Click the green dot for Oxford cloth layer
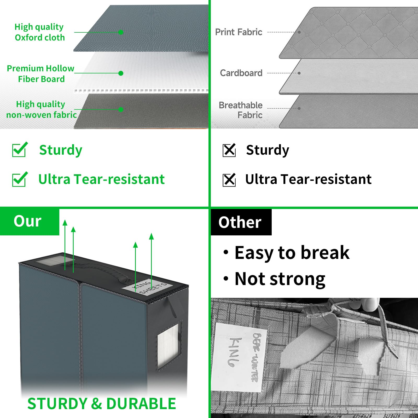click(x=121, y=32)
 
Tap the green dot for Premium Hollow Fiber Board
click(x=121, y=73)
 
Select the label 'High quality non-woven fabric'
click(x=41, y=109)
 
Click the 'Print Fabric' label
click(x=239, y=32)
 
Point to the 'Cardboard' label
click(x=241, y=73)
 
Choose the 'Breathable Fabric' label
click(x=241, y=110)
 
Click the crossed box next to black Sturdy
click(x=229, y=150)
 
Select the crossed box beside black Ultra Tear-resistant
click(x=229, y=180)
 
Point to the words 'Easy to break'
click(x=292, y=253)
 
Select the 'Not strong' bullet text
click(x=280, y=279)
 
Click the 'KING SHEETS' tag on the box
click(x=148, y=288)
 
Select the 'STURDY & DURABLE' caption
click(x=102, y=404)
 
